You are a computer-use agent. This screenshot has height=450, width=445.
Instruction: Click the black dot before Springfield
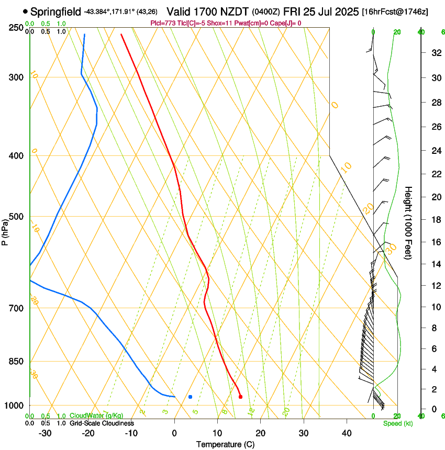[x=25, y=11]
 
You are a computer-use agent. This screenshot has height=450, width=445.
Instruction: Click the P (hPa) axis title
[x=5, y=230]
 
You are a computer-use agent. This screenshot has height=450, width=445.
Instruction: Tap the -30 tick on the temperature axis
[x=45, y=433]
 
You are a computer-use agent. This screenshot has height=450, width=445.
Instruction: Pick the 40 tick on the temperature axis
[x=346, y=433]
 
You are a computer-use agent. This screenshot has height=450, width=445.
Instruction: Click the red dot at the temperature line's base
[x=240, y=397]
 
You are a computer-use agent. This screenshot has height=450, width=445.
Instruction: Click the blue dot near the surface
[x=191, y=397]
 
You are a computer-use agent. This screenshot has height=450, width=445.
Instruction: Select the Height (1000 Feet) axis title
[x=409, y=222]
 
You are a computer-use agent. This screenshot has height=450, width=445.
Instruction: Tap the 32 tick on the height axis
[x=435, y=53]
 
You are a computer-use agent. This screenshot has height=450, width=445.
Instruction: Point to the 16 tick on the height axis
[x=435, y=242]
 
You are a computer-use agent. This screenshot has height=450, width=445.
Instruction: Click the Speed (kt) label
[x=397, y=423]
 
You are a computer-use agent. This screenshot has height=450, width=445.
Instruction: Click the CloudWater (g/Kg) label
[x=96, y=416]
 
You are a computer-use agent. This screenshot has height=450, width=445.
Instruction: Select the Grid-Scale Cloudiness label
[x=102, y=423]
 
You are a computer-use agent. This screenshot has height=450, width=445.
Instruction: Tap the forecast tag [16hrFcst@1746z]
[x=395, y=12]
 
